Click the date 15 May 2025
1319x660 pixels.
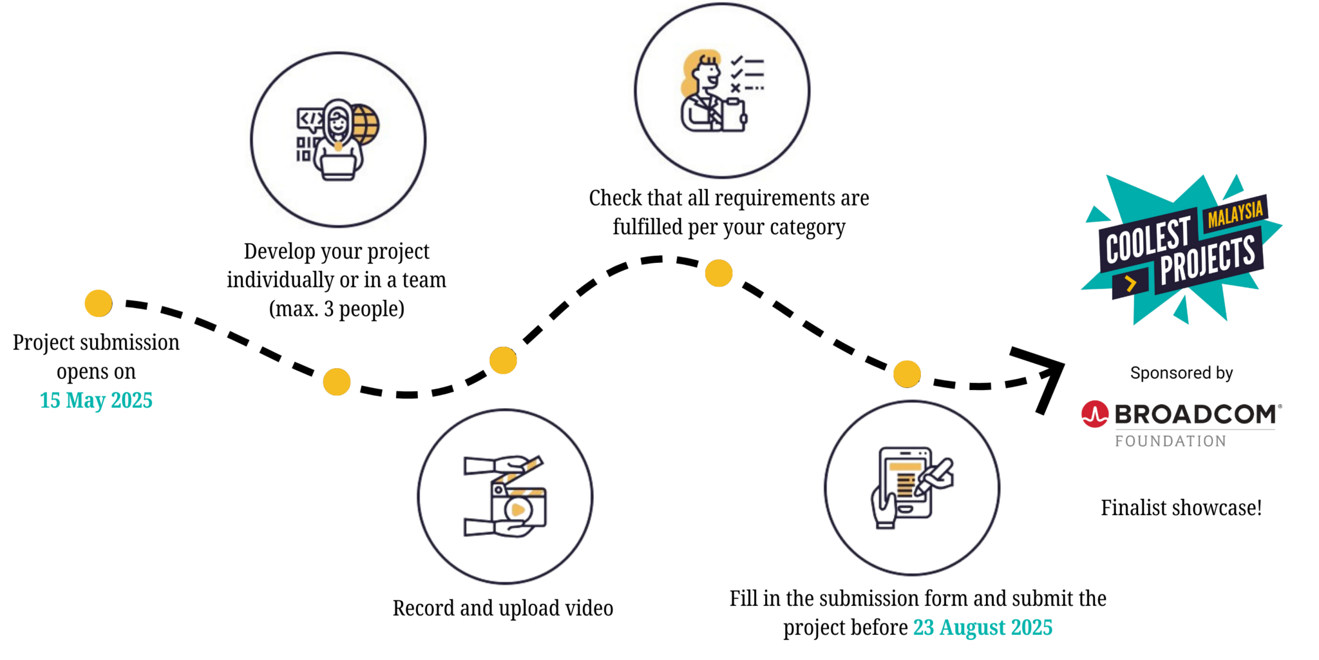pos(96,400)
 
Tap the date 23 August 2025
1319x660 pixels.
pos(983,627)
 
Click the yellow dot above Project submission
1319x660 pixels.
pos(99,303)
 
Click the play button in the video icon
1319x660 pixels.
pos(517,510)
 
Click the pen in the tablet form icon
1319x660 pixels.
pos(936,474)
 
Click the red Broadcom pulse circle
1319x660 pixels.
pos(1095,414)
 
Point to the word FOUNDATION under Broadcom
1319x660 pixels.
pos(1170,442)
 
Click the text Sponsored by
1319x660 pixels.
pos(1181,373)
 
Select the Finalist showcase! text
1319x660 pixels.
pos(1181,508)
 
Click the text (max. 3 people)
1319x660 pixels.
pos(337,309)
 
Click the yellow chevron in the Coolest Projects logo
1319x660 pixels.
pos(1130,283)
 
